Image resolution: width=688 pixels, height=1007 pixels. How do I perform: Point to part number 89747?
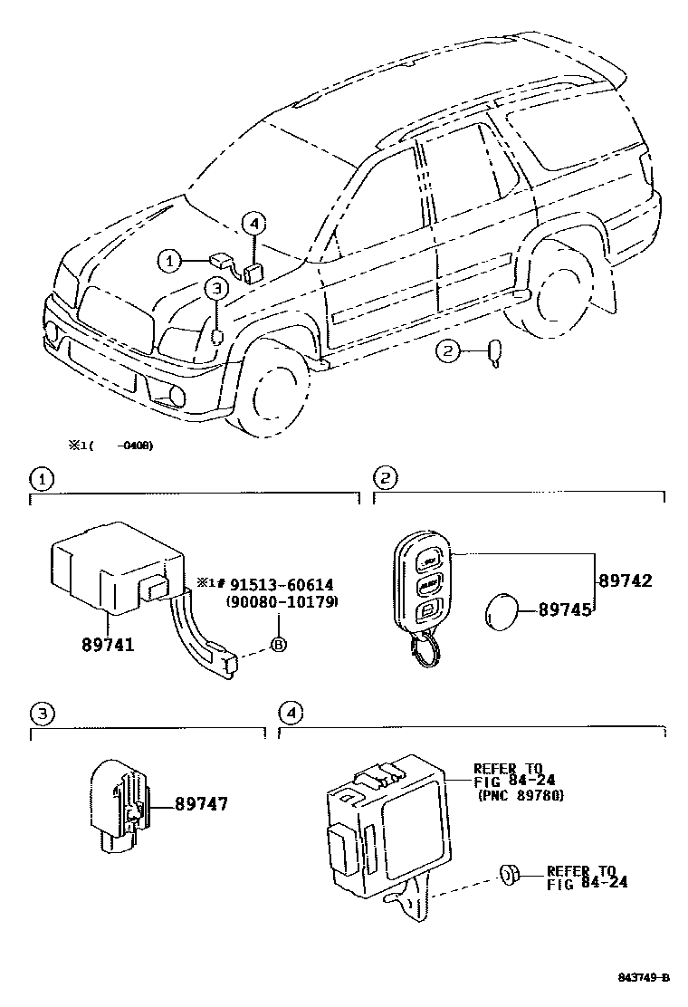point(200,803)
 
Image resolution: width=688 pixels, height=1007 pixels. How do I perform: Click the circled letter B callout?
point(279,645)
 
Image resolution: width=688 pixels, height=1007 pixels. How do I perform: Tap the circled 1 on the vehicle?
point(168,261)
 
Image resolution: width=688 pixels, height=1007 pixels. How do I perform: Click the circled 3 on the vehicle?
point(215,289)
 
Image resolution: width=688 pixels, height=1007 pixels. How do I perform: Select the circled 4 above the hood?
point(253,223)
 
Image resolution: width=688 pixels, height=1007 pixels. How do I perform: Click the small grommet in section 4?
point(508,874)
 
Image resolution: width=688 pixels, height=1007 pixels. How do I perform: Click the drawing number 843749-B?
point(644,977)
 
